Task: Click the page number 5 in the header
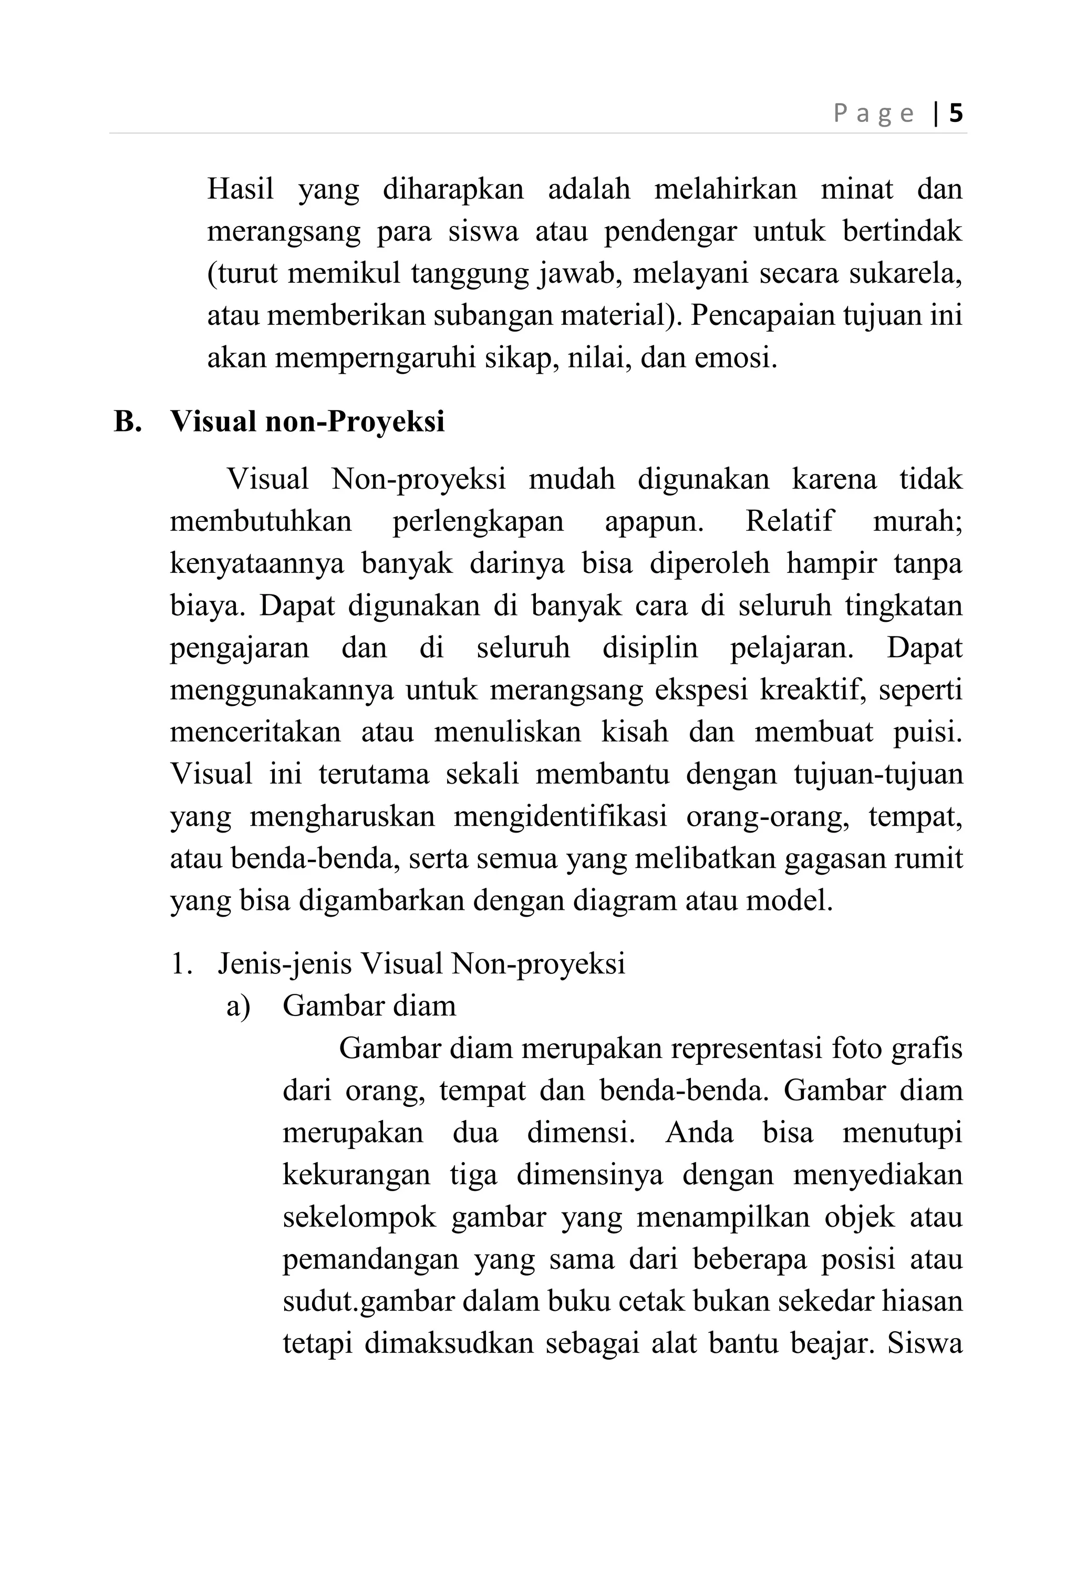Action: [956, 113]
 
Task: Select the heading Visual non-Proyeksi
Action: [307, 421]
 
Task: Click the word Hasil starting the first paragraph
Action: [240, 189]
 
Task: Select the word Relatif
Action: [789, 521]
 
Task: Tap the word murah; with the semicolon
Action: [917, 521]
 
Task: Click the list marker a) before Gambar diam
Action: [239, 1005]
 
